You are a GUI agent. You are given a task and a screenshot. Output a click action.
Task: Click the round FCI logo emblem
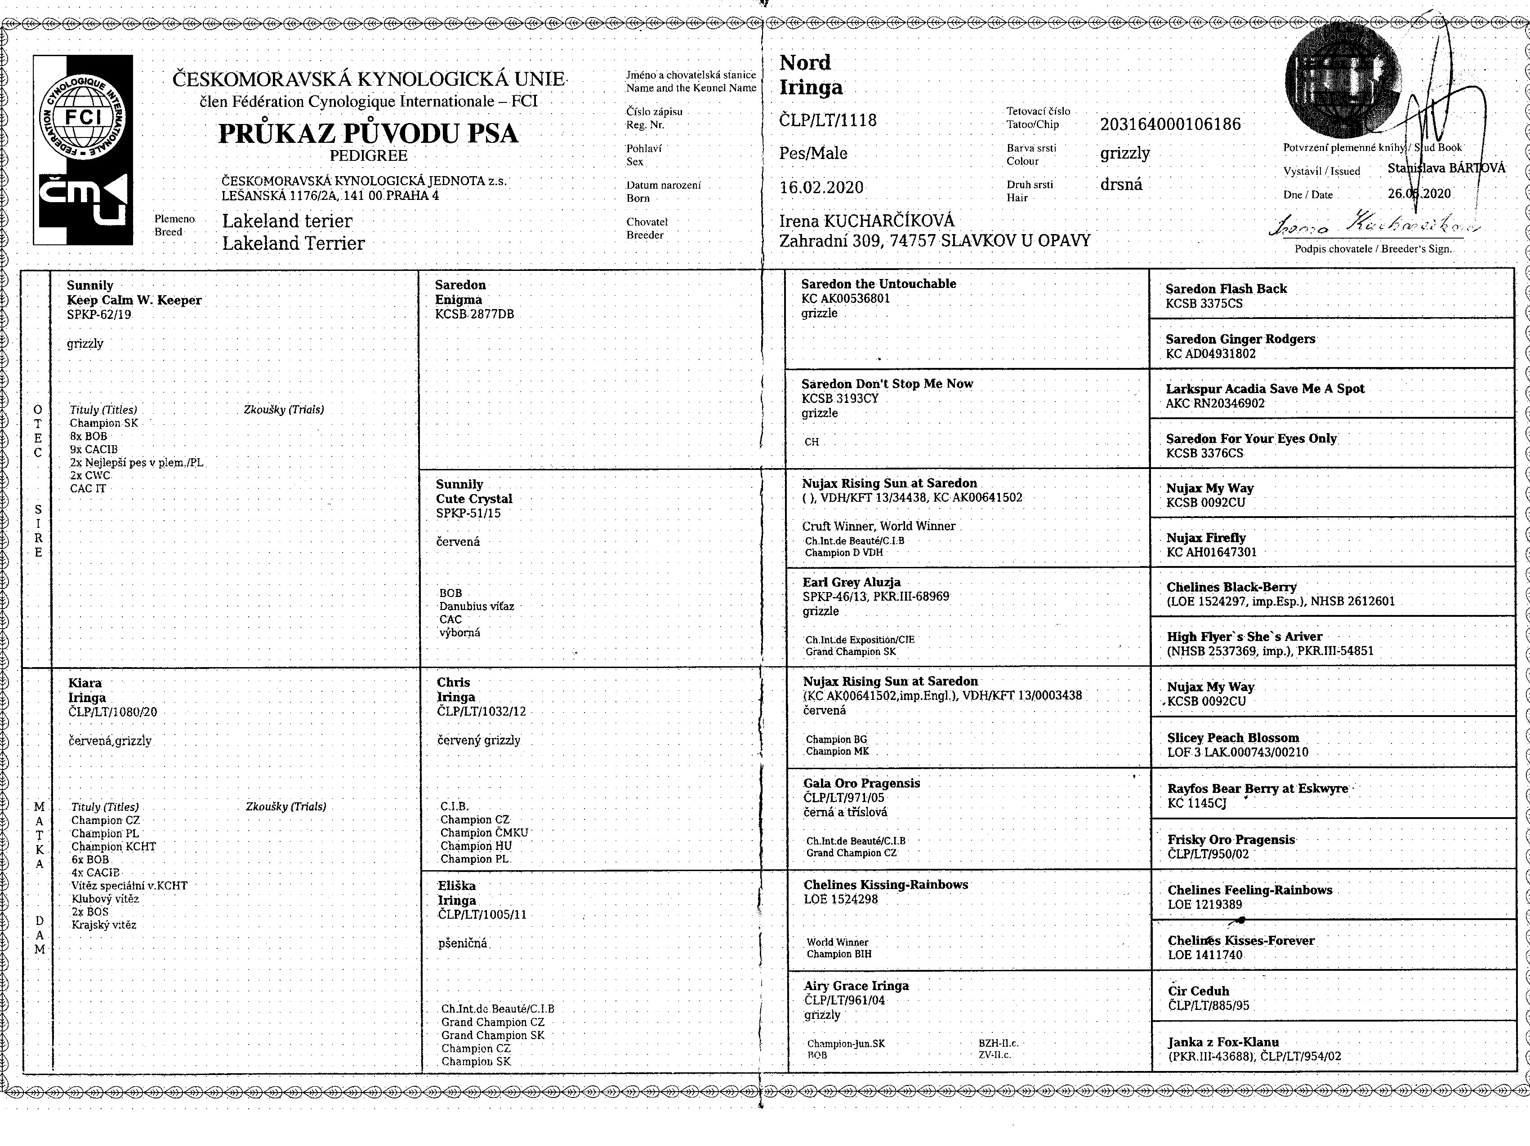[83, 118]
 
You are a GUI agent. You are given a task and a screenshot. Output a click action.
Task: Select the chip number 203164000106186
[1170, 124]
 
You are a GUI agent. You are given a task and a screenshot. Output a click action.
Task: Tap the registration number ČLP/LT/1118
[828, 120]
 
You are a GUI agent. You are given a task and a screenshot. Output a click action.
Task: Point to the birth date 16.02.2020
[821, 187]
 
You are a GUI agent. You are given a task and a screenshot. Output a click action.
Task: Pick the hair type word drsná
[1121, 185]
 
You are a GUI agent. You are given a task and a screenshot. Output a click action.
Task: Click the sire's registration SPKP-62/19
[99, 314]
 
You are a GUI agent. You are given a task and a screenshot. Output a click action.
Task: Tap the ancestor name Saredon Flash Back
[1226, 289]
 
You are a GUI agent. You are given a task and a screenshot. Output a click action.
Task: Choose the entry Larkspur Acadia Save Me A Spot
[1264, 389]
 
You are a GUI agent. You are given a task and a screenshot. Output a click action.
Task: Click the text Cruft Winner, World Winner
[879, 526]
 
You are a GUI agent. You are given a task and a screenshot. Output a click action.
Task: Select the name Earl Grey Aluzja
[852, 582]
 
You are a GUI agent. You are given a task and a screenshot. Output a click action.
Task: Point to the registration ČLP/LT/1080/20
[113, 712]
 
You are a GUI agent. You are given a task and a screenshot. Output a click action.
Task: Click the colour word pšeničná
[462, 943]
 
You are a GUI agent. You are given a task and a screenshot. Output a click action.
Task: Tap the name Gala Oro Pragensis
[861, 783]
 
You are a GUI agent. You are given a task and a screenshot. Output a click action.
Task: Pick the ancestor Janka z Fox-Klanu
[1223, 1042]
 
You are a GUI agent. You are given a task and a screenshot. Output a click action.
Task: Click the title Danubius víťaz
[477, 606]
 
